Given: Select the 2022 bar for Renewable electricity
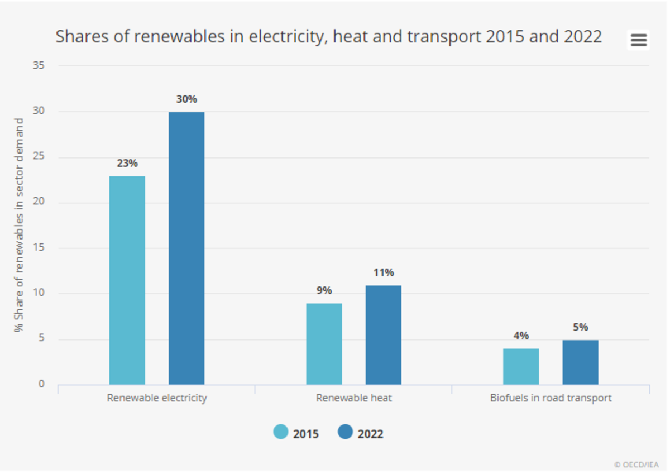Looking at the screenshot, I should pyautogui.click(x=186, y=248).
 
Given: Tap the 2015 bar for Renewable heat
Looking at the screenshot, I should pyautogui.click(x=324, y=344).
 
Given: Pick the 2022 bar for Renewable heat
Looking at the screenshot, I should pyautogui.click(x=384, y=335).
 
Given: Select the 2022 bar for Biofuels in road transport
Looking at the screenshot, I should pyautogui.click(x=580, y=362).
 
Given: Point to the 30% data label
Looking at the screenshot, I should pyautogui.click(x=186, y=99).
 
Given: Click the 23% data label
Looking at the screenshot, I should pyautogui.click(x=127, y=164).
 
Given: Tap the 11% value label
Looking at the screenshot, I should pyautogui.click(x=384, y=272).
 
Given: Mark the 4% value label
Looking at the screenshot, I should pyautogui.click(x=521, y=336).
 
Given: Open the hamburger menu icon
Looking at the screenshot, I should pyautogui.click(x=638, y=40).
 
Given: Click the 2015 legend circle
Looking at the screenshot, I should pyautogui.click(x=281, y=432).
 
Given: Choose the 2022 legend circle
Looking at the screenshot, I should pyautogui.click(x=346, y=432).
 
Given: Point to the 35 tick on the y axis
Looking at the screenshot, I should pyautogui.click(x=39, y=65).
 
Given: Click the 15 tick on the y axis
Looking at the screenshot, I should pyautogui.click(x=39, y=248).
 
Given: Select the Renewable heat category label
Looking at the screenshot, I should pyautogui.click(x=354, y=398).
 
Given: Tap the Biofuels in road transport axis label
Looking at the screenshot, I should pyautogui.click(x=551, y=398).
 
